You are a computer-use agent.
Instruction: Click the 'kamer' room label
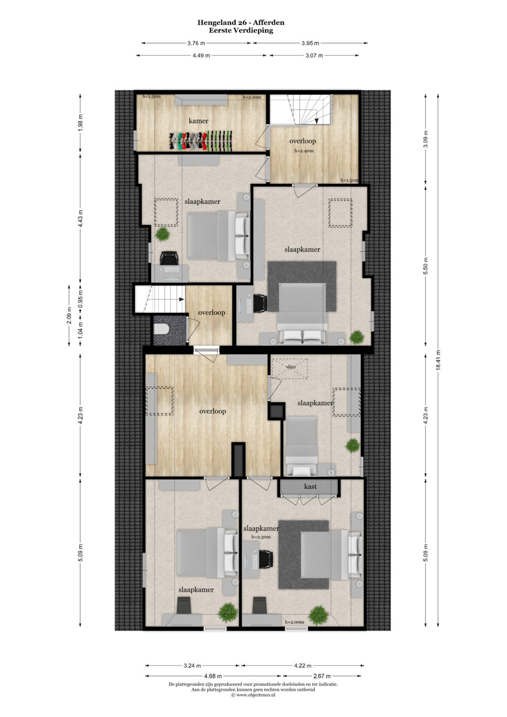click(199, 121)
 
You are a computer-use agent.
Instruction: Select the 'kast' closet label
click(310, 486)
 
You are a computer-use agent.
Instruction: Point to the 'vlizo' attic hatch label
click(291, 367)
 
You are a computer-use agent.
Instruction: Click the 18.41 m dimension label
click(438, 360)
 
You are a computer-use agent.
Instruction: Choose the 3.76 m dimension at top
click(196, 43)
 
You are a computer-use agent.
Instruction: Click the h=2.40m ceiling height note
click(304, 151)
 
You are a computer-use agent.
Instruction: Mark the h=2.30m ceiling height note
click(261, 537)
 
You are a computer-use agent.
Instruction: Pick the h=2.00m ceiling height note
click(294, 622)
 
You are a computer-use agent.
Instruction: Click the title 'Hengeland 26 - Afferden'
click(241, 23)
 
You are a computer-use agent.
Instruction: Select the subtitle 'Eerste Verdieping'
click(241, 31)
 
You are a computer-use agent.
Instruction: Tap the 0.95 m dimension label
click(80, 299)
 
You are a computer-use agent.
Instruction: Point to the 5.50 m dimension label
click(425, 266)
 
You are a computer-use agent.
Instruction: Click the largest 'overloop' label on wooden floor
click(213, 411)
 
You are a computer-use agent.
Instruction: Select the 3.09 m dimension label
click(425, 139)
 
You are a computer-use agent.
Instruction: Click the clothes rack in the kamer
click(201, 141)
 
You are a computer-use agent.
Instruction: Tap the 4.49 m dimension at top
click(201, 55)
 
